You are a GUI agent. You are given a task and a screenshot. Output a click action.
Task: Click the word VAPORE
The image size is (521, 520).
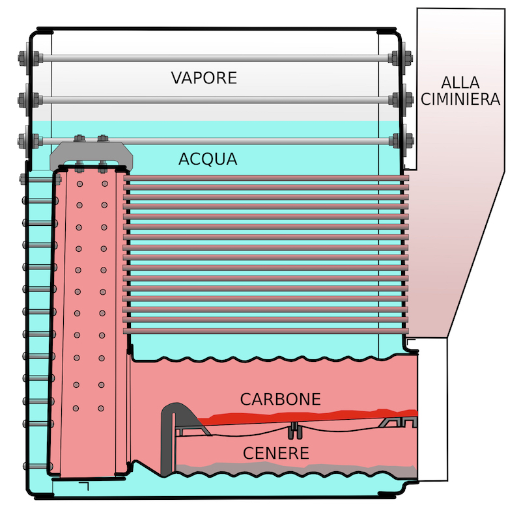(204, 78)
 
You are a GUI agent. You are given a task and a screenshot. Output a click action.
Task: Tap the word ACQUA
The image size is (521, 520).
(208, 159)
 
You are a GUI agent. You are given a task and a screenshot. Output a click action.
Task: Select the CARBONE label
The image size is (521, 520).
(280, 399)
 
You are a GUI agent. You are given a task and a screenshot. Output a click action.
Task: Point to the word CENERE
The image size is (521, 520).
(275, 452)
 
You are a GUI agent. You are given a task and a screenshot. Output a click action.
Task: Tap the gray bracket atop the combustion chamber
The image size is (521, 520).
(91, 154)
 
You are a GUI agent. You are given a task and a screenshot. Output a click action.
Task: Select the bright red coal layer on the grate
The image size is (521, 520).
(306, 416)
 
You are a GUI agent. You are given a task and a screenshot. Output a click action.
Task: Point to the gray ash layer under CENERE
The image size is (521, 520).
(293, 468)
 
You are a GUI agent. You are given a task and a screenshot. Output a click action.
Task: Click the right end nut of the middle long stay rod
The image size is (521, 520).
(398, 100)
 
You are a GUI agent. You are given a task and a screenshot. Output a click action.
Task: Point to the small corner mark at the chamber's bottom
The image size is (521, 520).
(85, 486)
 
